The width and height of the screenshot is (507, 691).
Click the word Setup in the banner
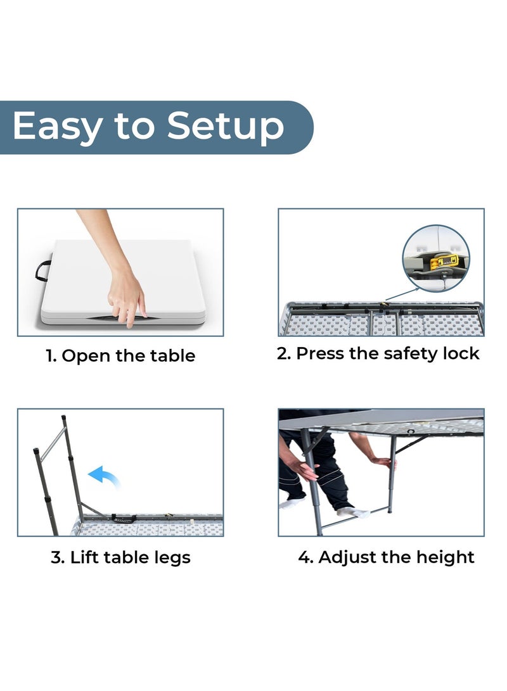225,126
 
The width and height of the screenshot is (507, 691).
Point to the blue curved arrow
104,476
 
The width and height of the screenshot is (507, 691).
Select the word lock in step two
461,353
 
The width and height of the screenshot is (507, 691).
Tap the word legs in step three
172,559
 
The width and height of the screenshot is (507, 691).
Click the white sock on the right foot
354,513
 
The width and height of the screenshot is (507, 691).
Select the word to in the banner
135,127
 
